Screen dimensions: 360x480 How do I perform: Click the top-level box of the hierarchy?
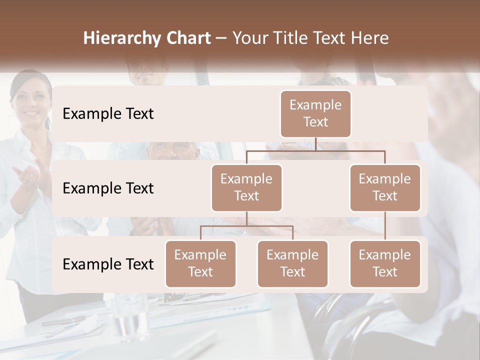(x=315, y=114)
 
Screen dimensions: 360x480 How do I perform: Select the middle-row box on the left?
(x=246, y=188)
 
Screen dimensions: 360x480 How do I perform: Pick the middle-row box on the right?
(x=385, y=188)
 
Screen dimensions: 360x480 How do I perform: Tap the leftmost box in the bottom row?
(x=200, y=264)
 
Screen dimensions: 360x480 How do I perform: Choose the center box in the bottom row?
(x=292, y=264)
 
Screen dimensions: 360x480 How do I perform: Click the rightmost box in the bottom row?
(x=385, y=264)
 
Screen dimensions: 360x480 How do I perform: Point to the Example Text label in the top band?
(x=108, y=114)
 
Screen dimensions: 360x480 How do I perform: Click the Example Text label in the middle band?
(x=108, y=188)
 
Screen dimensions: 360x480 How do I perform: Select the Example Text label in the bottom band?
(x=108, y=264)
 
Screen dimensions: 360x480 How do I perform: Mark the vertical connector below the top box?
(x=315, y=144)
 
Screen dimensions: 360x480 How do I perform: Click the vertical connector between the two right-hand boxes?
(x=385, y=226)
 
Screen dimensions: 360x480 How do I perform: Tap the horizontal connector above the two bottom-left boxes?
(x=246, y=226)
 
